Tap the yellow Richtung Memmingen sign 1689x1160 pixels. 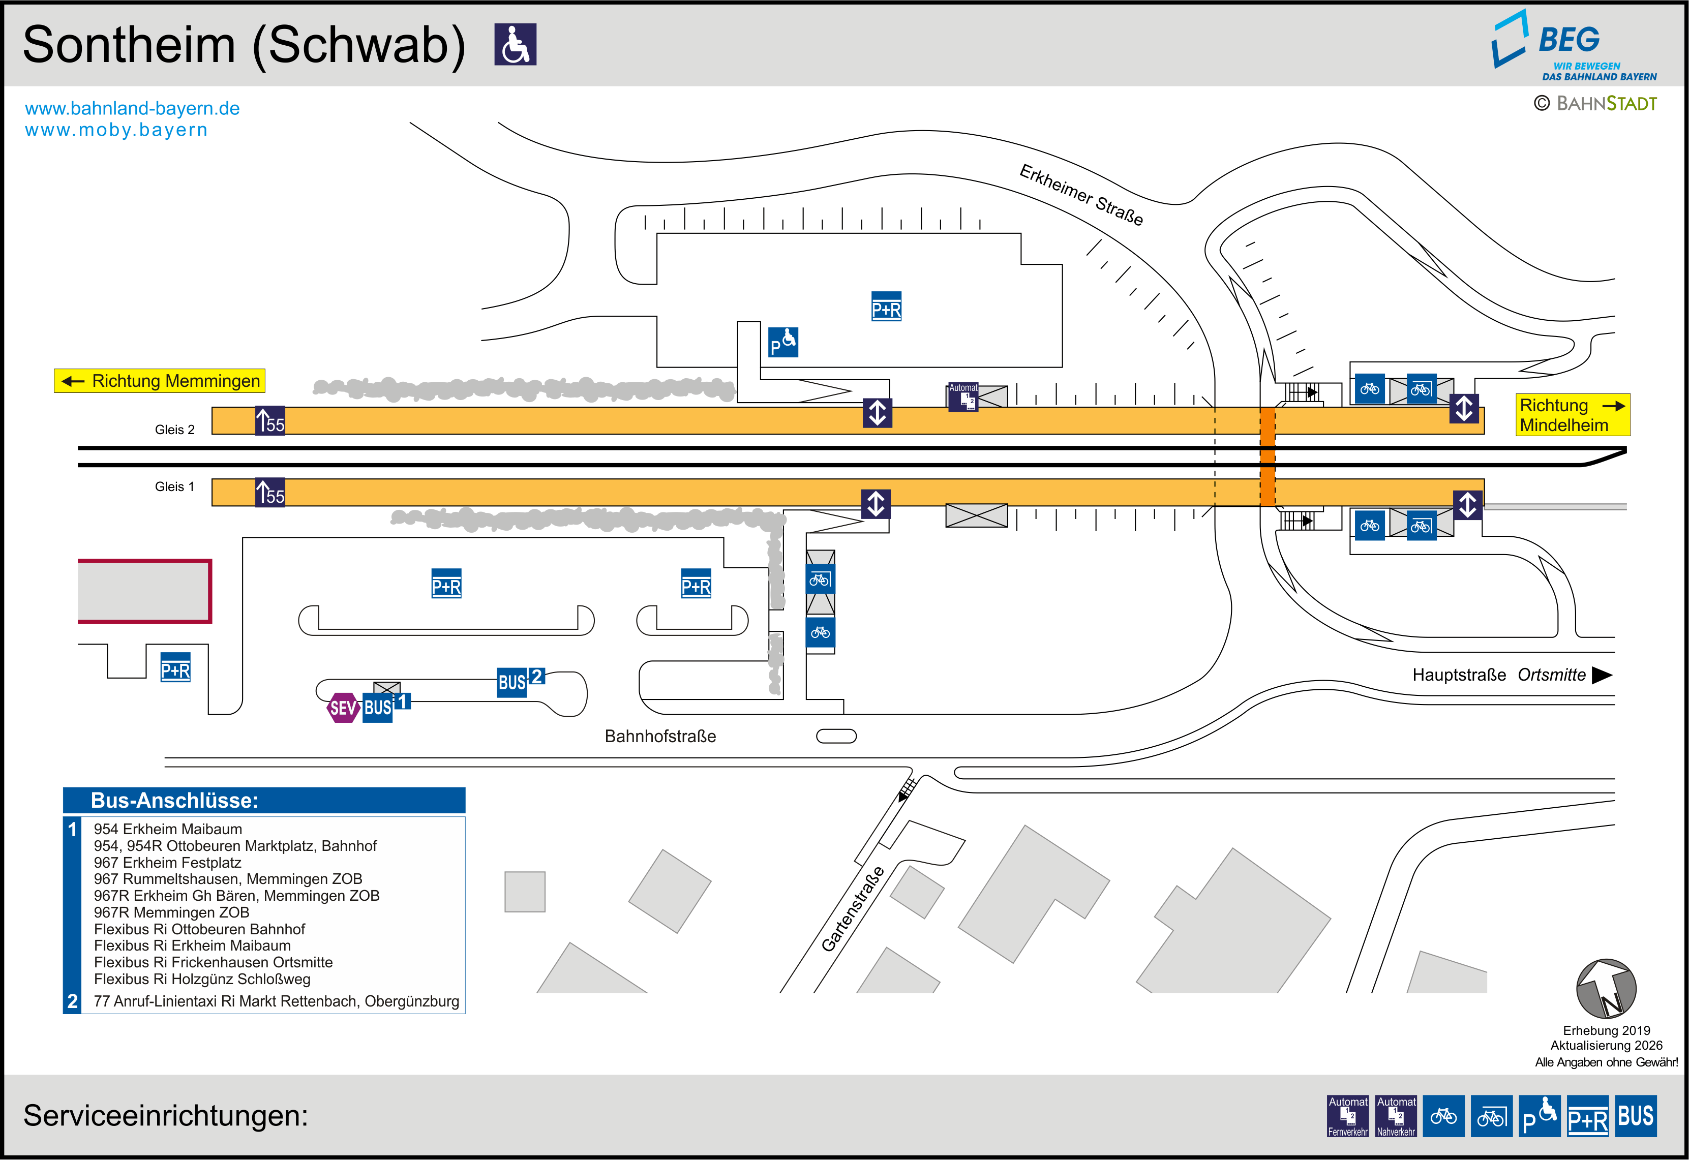[159, 381]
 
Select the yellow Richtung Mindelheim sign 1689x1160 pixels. [1573, 415]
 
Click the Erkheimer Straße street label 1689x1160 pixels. [1081, 195]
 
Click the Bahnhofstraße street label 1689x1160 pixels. [660, 736]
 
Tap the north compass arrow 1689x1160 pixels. [1606, 989]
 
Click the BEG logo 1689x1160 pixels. [1574, 45]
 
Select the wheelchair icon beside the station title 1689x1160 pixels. [515, 44]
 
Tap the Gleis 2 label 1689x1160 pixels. [174, 430]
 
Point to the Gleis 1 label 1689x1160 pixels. [174, 486]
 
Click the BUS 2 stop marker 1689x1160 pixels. [520, 681]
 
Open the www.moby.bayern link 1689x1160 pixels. [116, 130]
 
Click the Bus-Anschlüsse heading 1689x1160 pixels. [174, 800]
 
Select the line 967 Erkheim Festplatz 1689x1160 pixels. [167, 863]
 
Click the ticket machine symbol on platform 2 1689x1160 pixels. [963, 398]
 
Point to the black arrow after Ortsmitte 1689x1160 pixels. [1602, 675]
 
